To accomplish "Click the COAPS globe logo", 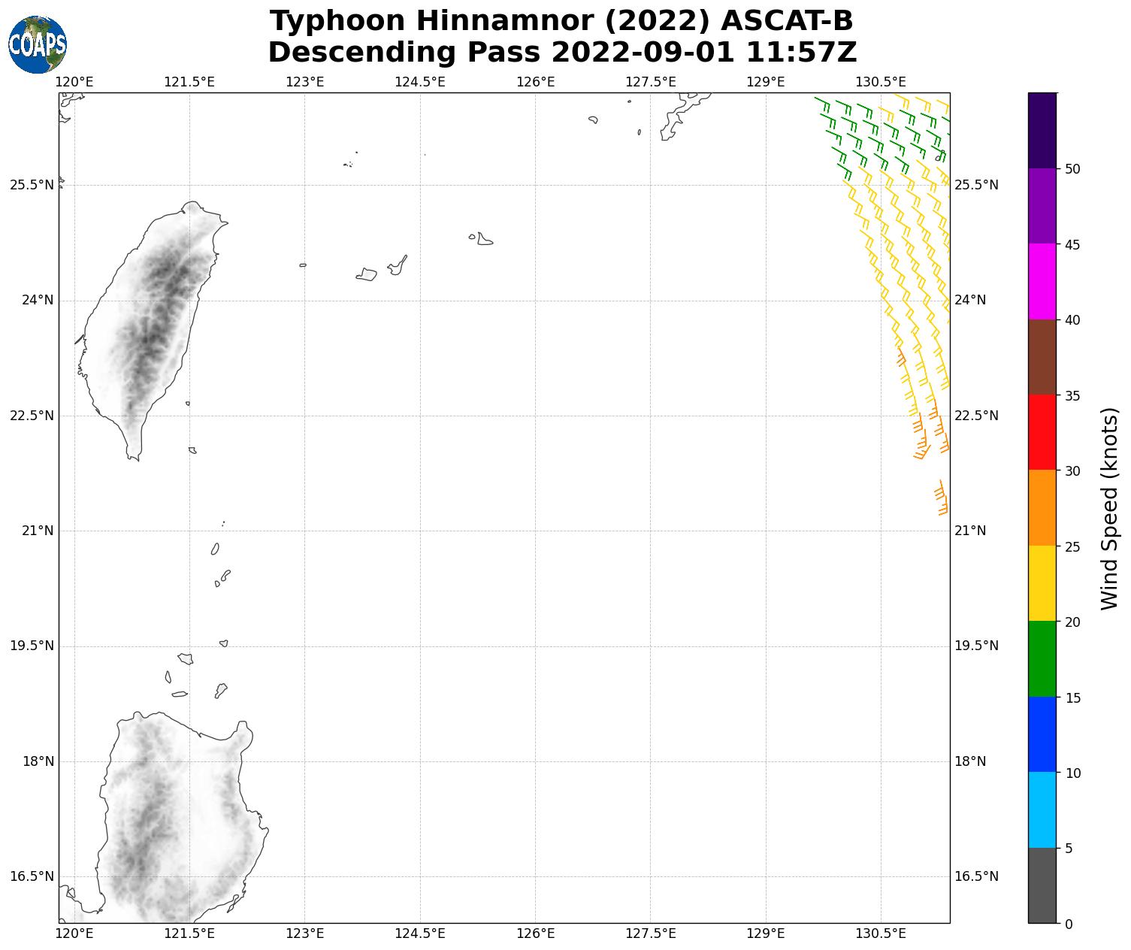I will click(x=38, y=44).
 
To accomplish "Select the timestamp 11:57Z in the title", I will click(x=801, y=53).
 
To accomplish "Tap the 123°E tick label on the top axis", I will click(x=304, y=81).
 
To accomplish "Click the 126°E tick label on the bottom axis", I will click(x=535, y=933).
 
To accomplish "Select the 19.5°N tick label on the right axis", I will click(x=976, y=646).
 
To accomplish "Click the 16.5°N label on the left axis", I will click(x=32, y=876).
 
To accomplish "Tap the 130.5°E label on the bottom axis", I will click(x=881, y=933).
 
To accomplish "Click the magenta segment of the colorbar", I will click(x=1042, y=281).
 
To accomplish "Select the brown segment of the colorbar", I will click(x=1042, y=357).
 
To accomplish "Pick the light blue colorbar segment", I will click(x=1042, y=809).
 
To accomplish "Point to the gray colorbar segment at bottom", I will click(x=1042, y=885).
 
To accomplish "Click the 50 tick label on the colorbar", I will click(x=1072, y=169).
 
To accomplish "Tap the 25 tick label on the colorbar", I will click(x=1072, y=546).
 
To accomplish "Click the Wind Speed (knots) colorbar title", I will click(x=1109, y=508).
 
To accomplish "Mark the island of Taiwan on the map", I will click(x=150, y=323).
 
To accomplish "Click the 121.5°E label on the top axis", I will click(x=189, y=81).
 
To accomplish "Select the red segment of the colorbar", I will click(x=1042, y=432).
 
